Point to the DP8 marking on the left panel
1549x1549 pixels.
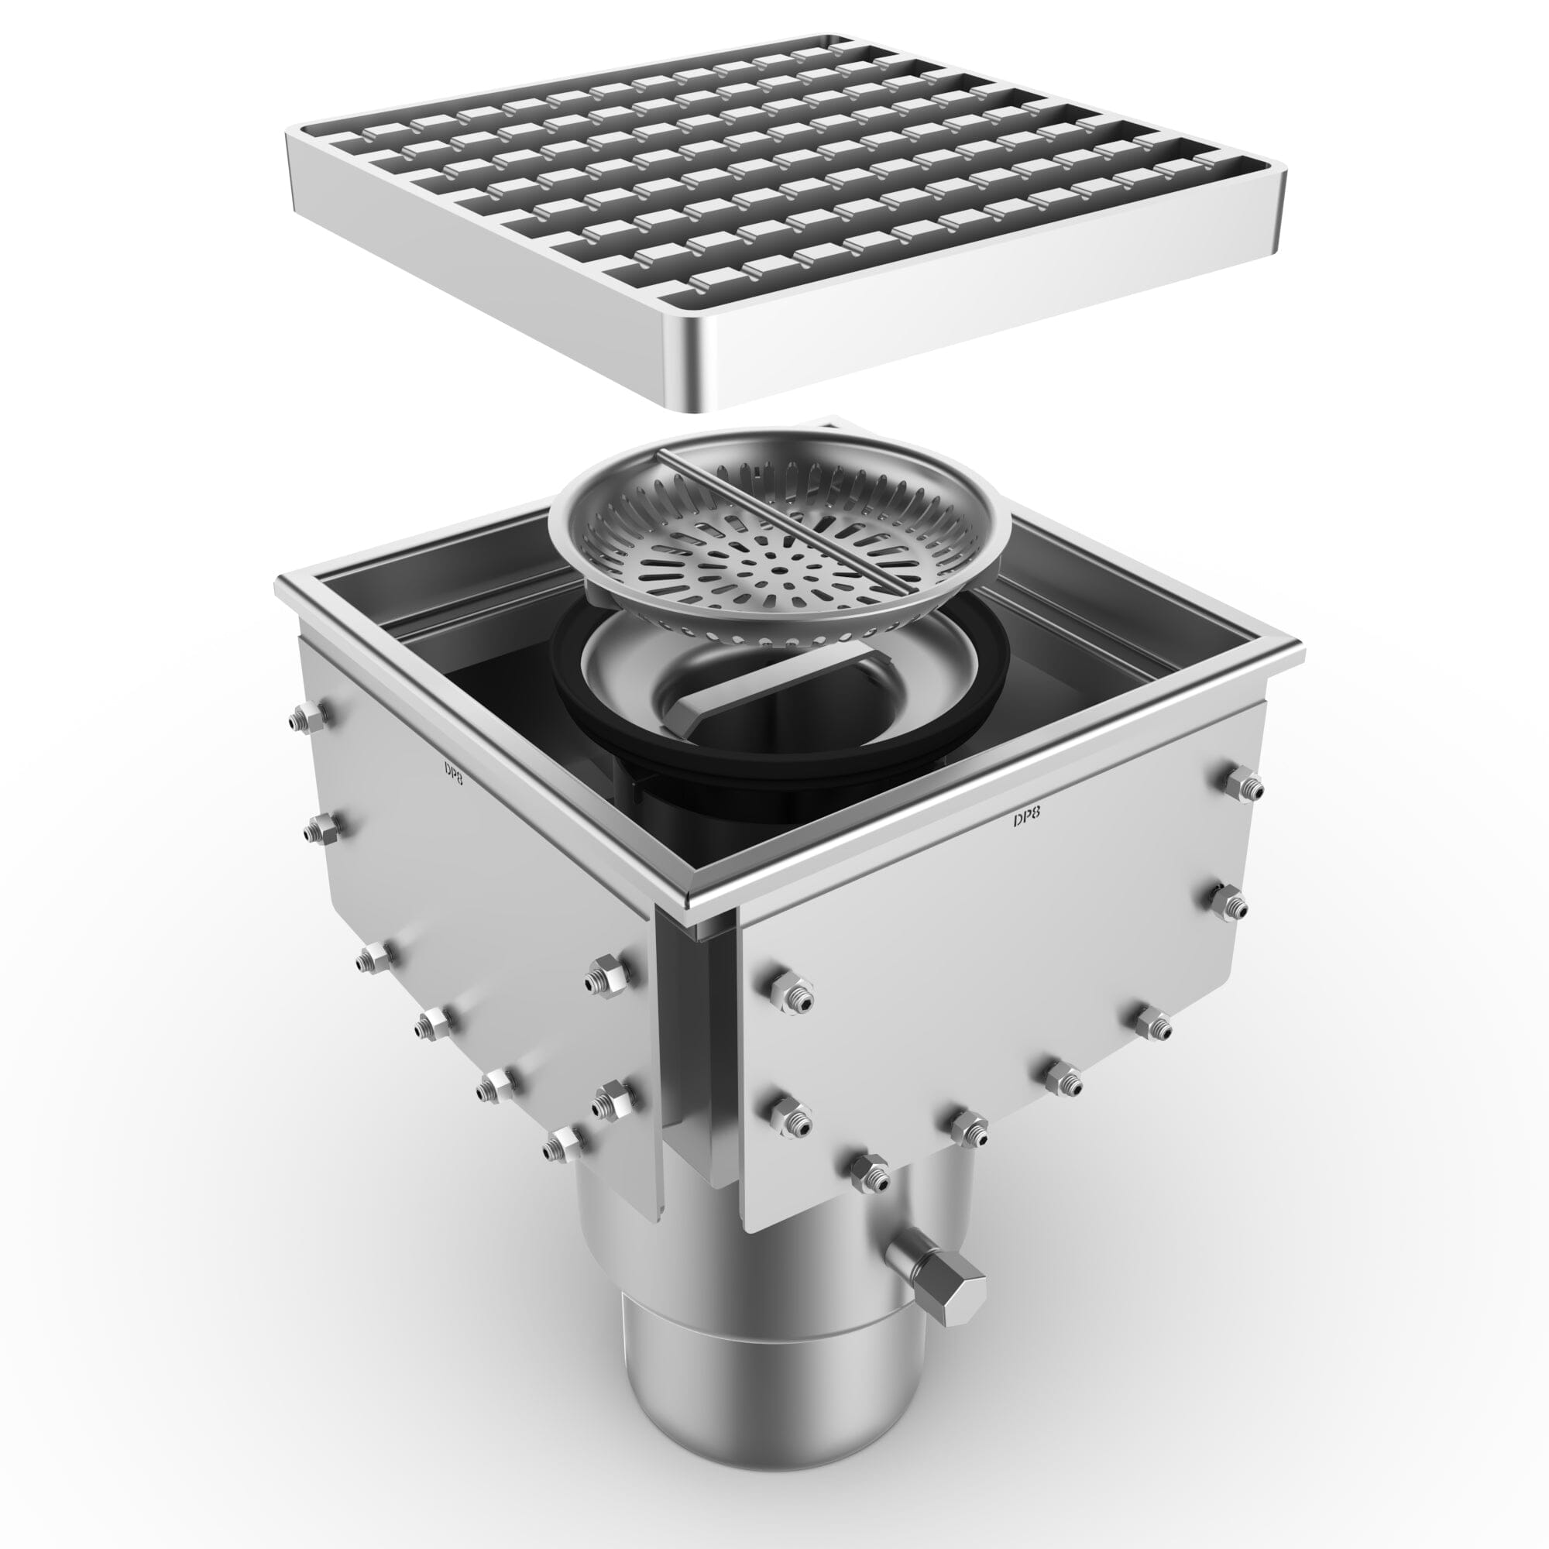pos(453,771)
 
